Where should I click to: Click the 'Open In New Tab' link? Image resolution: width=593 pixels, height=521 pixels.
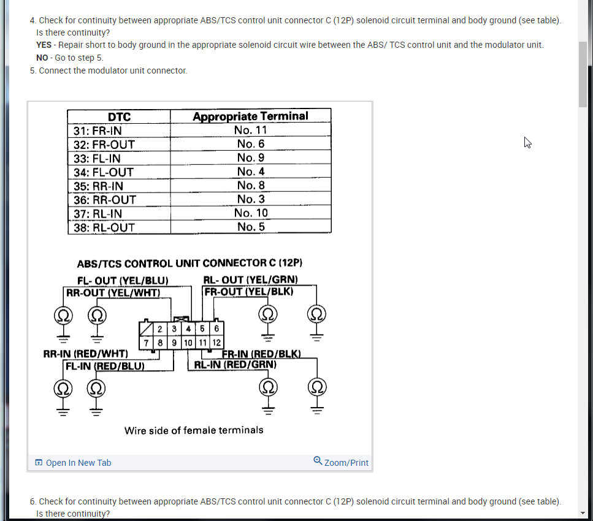(73, 463)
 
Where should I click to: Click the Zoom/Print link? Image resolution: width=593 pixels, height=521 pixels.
(341, 462)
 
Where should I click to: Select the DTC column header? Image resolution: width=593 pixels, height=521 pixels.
(119, 116)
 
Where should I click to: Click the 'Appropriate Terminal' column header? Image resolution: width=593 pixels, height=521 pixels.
(250, 116)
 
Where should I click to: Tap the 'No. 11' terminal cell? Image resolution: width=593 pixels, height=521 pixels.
(250, 130)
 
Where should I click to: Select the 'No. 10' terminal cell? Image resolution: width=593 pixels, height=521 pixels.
(250, 213)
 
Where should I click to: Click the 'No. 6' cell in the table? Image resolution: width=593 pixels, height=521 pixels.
(250, 143)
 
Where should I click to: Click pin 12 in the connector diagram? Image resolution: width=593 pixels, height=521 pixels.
(216, 342)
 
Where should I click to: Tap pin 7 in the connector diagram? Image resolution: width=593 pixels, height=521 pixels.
(147, 342)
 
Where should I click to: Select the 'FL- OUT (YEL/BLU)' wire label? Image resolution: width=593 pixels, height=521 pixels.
(123, 281)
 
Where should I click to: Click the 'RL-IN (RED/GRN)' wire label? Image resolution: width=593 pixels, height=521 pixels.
(235, 365)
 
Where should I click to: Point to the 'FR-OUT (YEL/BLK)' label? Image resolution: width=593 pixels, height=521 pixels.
(249, 292)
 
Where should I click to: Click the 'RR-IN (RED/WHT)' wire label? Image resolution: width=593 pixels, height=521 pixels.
(86, 354)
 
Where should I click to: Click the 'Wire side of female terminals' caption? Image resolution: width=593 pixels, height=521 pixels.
(194, 430)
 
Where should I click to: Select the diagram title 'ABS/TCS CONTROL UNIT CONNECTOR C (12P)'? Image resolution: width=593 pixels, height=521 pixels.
(189, 264)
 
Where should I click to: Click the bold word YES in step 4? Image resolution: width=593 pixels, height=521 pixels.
(44, 45)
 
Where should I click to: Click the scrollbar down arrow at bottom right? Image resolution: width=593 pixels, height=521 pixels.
(583, 513)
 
